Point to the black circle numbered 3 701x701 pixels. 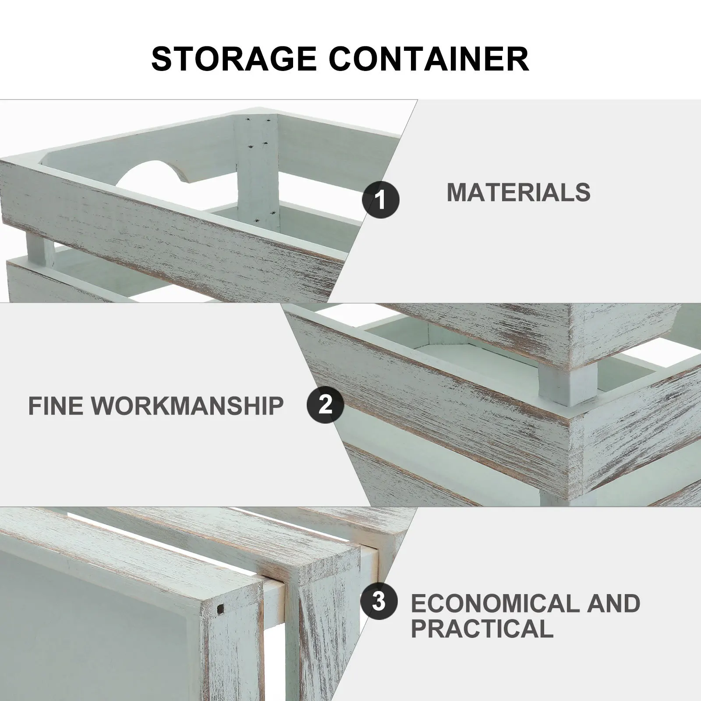(379, 602)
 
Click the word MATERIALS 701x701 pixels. (519, 192)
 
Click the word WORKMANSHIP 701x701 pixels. (188, 406)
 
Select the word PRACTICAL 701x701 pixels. (482, 629)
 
